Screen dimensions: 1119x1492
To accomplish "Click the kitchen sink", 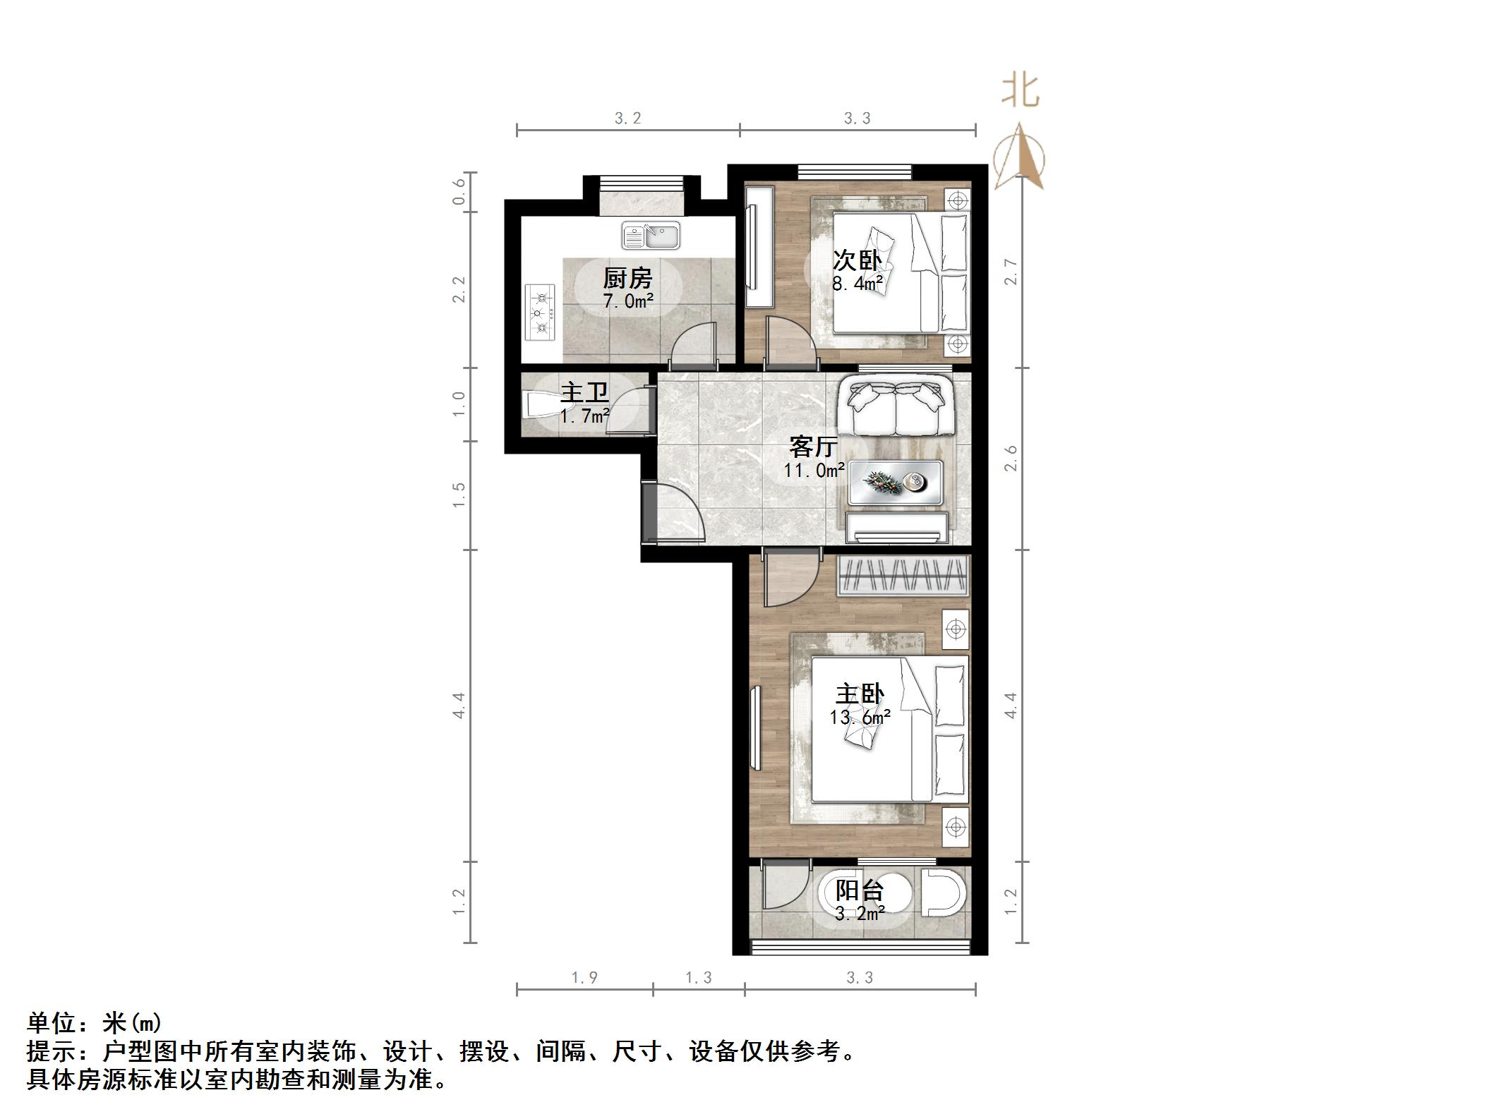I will pos(651,236).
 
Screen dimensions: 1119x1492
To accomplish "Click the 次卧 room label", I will pos(858,260).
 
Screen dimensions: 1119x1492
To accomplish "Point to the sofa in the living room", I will pos(896,408).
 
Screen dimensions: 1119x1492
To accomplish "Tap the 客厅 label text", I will pos(814,447).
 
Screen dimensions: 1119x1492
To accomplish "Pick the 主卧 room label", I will pos(860,694).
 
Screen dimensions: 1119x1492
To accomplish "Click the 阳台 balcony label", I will pos(859,890).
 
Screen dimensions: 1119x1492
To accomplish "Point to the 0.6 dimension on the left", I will pos(459,191).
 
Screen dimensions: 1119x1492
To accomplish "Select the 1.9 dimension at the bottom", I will pos(584,978).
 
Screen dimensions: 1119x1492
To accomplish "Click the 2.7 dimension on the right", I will pos(1011,272).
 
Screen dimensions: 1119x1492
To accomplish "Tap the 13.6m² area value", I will pos(860,718).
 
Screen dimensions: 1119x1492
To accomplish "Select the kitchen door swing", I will pos(693,345).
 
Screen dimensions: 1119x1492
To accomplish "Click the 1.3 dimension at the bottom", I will pos(699,978).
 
